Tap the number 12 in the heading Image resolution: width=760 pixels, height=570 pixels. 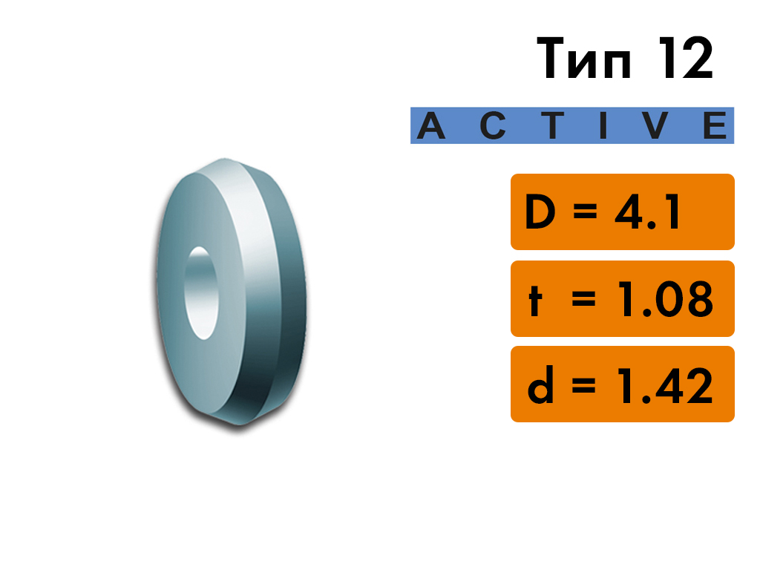686,58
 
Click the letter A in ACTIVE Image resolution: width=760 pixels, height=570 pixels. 431,125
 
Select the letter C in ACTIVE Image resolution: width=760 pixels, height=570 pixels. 493,125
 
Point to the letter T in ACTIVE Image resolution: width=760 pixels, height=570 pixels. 552,125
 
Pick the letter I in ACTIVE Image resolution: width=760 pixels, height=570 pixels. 603,125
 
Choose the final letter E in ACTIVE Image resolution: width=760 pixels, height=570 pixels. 715,125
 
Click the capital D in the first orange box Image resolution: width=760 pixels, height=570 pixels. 540,212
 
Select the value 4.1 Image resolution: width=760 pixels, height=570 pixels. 647,212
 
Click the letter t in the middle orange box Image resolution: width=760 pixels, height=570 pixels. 534,298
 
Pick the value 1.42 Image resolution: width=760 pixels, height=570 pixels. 666,385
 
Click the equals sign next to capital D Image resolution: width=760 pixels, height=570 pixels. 585,212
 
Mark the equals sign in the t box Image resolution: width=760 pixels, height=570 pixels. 583,299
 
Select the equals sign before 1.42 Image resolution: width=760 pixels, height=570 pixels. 583,385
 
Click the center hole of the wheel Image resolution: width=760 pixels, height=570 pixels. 201,293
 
